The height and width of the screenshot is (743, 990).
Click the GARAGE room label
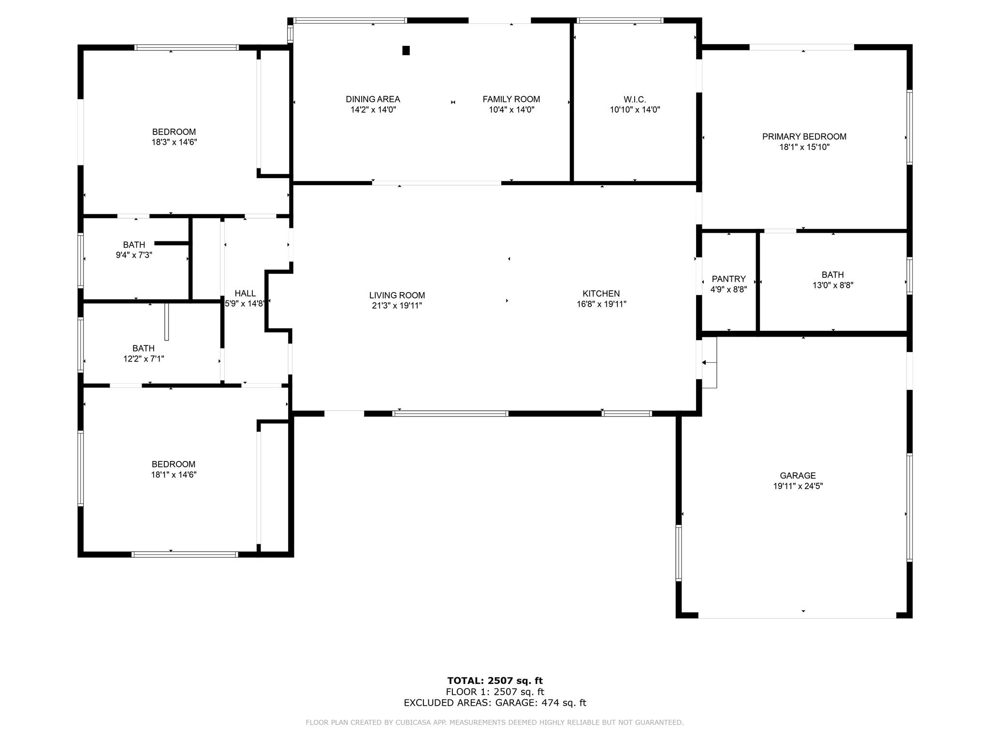pyautogui.click(x=798, y=476)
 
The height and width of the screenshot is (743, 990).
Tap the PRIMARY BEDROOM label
pyautogui.click(x=804, y=136)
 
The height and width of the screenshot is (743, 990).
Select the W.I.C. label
pyautogui.click(x=635, y=99)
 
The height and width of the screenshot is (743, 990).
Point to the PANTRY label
pyautogui.click(x=728, y=279)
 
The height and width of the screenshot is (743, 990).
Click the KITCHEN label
pyautogui.click(x=601, y=293)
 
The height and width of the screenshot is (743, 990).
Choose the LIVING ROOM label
pyautogui.click(x=397, y=295)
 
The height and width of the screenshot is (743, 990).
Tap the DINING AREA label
pyautogui.click(x=373, y=99)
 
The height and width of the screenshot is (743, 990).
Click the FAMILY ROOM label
pyautogui.click(x=511, y=99)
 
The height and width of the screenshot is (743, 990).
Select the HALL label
pyautogui.click(x=245, y=293)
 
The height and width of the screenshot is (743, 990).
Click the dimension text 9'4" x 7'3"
pyautogui.click(x=134, y=255)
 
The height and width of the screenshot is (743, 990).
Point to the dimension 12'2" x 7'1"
pyautogui.click(x=144, y=358)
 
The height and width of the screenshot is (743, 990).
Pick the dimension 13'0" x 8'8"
pyautogui.click(x=832, y=285)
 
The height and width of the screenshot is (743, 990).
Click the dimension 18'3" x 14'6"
pyautogui.click(x=174, y=142)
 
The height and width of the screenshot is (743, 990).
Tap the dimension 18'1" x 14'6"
pyautogui.click(x=174, y=475)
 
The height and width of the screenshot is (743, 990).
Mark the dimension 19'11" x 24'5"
pyautogui.click(x=798, y=486)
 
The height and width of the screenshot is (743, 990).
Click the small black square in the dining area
pyautogui.click(x=406, y=50)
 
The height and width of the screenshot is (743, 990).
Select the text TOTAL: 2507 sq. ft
pyautogui.click(x=495, y=681)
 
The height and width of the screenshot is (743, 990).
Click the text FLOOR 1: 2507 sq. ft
pyautogui.click(x=495, y=692)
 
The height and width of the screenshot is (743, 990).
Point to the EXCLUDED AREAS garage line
pyautogui.click(x=495, y=703)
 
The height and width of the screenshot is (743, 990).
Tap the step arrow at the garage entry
pyautogui.click(x=709, y=362)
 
